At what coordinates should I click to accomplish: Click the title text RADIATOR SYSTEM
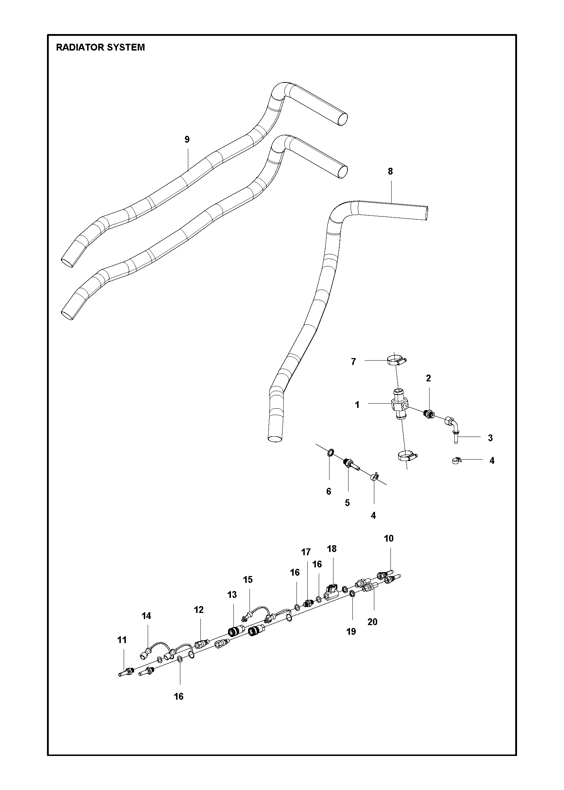[100, 47]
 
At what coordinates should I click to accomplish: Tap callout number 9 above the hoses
[187, 139]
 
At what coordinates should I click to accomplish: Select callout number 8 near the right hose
[390, 171]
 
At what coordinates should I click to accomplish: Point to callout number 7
[353, 362]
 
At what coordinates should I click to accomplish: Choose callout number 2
[428, 378]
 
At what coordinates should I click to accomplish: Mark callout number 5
[347, 503]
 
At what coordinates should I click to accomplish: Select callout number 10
[389, 548]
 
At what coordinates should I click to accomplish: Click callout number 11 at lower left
[122, 640]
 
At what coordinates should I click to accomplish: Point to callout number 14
[146, 616]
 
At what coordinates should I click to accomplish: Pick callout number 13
[232, 595]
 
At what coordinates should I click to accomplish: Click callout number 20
[373, 622]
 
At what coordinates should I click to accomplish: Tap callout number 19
[351, 632]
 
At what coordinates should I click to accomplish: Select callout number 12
[199, 610]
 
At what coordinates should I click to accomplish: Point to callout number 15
[248, 580]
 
